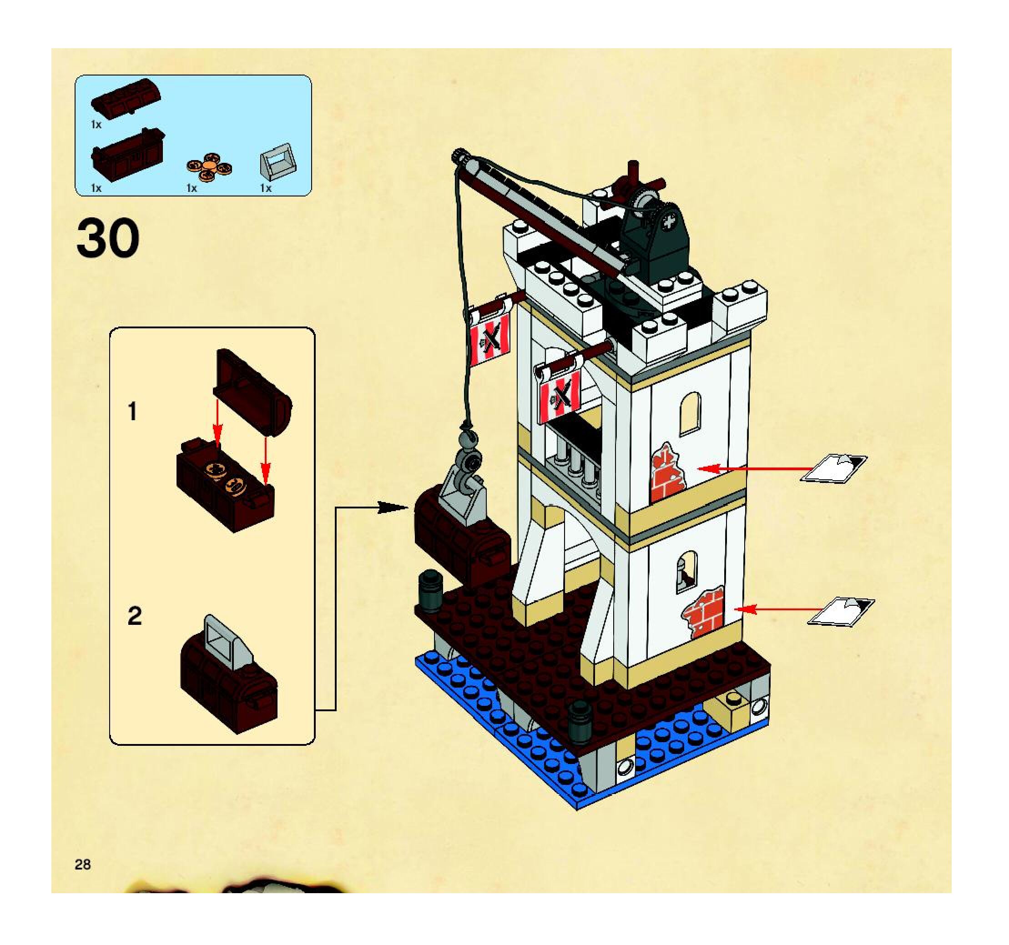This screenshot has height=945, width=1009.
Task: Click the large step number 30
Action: click(108, 238)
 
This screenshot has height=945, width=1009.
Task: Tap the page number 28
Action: click(83, 865)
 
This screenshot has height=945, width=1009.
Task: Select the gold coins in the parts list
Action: click(209, 168)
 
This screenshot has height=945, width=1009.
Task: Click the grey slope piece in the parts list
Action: click(277, 160)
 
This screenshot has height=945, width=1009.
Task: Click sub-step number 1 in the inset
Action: click(132, 412)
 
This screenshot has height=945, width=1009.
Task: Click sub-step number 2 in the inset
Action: click(134, 616)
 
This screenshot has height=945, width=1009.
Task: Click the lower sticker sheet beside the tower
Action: click(841, 610)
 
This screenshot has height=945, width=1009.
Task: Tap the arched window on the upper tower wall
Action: click(690, 413)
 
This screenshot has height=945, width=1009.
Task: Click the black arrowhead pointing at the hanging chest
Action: click(393, 507)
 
